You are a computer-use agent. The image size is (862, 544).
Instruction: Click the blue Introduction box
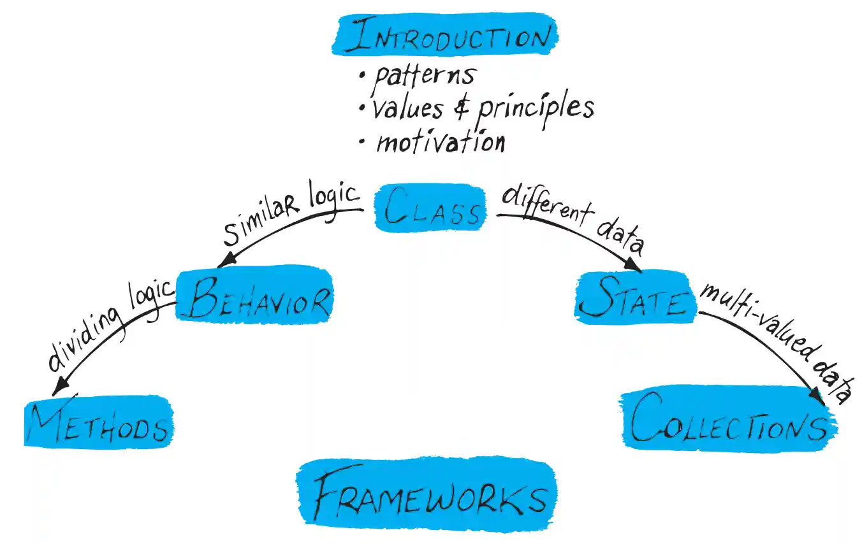(x=445, y=36)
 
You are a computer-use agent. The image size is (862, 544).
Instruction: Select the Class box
(x=431, y=208)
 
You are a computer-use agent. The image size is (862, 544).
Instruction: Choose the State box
(x=634, y=297)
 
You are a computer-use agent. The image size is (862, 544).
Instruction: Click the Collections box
(x=728, y=422)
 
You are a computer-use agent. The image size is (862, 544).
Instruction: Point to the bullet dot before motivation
(x=362, y=143)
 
